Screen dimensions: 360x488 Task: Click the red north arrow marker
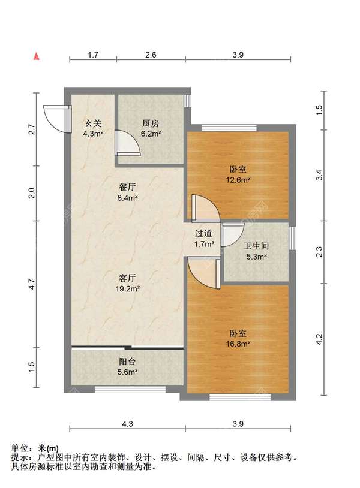[x=37, y=56]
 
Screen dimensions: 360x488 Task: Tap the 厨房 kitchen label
[x=151, y=123]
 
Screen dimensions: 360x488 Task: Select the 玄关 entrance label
[x=93, y=123]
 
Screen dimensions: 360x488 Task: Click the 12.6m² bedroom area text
[x=238, y=180]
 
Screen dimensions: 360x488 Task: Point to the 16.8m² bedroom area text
[x=238, y=344]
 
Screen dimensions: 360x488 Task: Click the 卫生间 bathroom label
[x=256, y=246]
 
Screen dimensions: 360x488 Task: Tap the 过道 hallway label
[x=203, y=233]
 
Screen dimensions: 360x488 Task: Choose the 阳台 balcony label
[x=127, y=362]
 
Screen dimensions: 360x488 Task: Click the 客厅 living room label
[x=127, y=278]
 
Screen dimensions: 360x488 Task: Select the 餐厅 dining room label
[x=127, y=188]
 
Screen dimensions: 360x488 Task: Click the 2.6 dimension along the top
[x=151, y=55]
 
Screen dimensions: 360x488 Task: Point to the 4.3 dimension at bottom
[x=127, y=424]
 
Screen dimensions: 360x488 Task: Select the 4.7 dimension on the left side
[x=32, y=284]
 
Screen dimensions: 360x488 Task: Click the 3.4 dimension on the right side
[x=319, y=175]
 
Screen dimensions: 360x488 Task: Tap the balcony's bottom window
[x=130, y=389]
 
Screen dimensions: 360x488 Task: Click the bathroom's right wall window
[x=292, y=238]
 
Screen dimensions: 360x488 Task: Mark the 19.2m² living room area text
[x=127, y=288]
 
